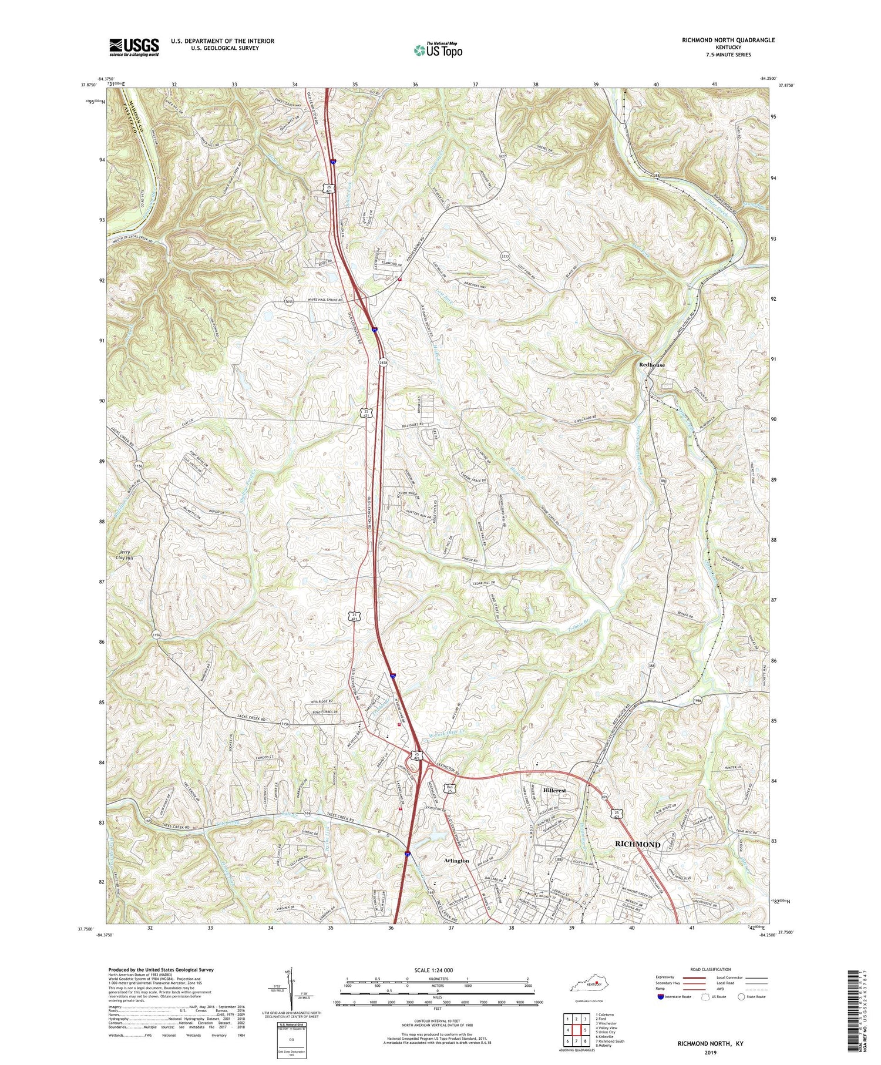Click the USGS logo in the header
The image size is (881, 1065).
(x=134, y=47)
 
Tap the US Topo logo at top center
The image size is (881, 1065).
(x=438, y=50)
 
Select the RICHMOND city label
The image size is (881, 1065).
(x=637, y=844)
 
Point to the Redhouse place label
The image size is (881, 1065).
(x=652, y=365)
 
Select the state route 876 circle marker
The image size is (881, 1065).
(x=604, y=797)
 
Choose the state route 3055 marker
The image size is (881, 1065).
(x=288, y=301)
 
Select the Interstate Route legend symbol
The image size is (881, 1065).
(x=661, y=996)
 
